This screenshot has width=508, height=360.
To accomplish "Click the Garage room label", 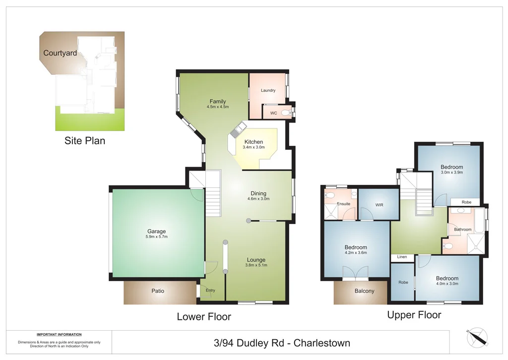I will tap(156, 231).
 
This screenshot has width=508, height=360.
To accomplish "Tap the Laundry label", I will tap(268, 91).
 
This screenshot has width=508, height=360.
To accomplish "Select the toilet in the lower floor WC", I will tap(286, 113).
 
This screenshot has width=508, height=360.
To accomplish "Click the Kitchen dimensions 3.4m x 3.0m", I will tap(254, 147).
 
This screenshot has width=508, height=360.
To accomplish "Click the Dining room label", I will tap(258, 193).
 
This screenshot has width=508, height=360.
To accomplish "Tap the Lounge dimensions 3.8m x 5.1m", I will tap(256, 265).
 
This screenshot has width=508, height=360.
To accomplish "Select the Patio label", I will tap(158, 291).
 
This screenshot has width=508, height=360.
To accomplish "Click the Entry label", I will tap(210, 291).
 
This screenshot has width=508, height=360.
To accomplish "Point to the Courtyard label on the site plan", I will tap(60, 53).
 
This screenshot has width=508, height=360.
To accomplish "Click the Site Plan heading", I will tap(85, 141).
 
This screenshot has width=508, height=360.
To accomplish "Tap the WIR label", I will tap(379, 204).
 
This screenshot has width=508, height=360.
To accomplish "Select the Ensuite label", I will tap(343, 204).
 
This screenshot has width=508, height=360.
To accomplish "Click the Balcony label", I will tap(364, 291).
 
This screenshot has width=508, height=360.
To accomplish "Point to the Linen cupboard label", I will tap(402, 257).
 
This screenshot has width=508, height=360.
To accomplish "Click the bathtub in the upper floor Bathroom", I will tap(479, 221).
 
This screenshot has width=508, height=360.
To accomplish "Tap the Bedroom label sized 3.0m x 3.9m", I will tap(451, 167).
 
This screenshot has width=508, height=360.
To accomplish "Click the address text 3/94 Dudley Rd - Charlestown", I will tap(281, 343).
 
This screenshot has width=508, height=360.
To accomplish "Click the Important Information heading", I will tap(59, 335).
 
